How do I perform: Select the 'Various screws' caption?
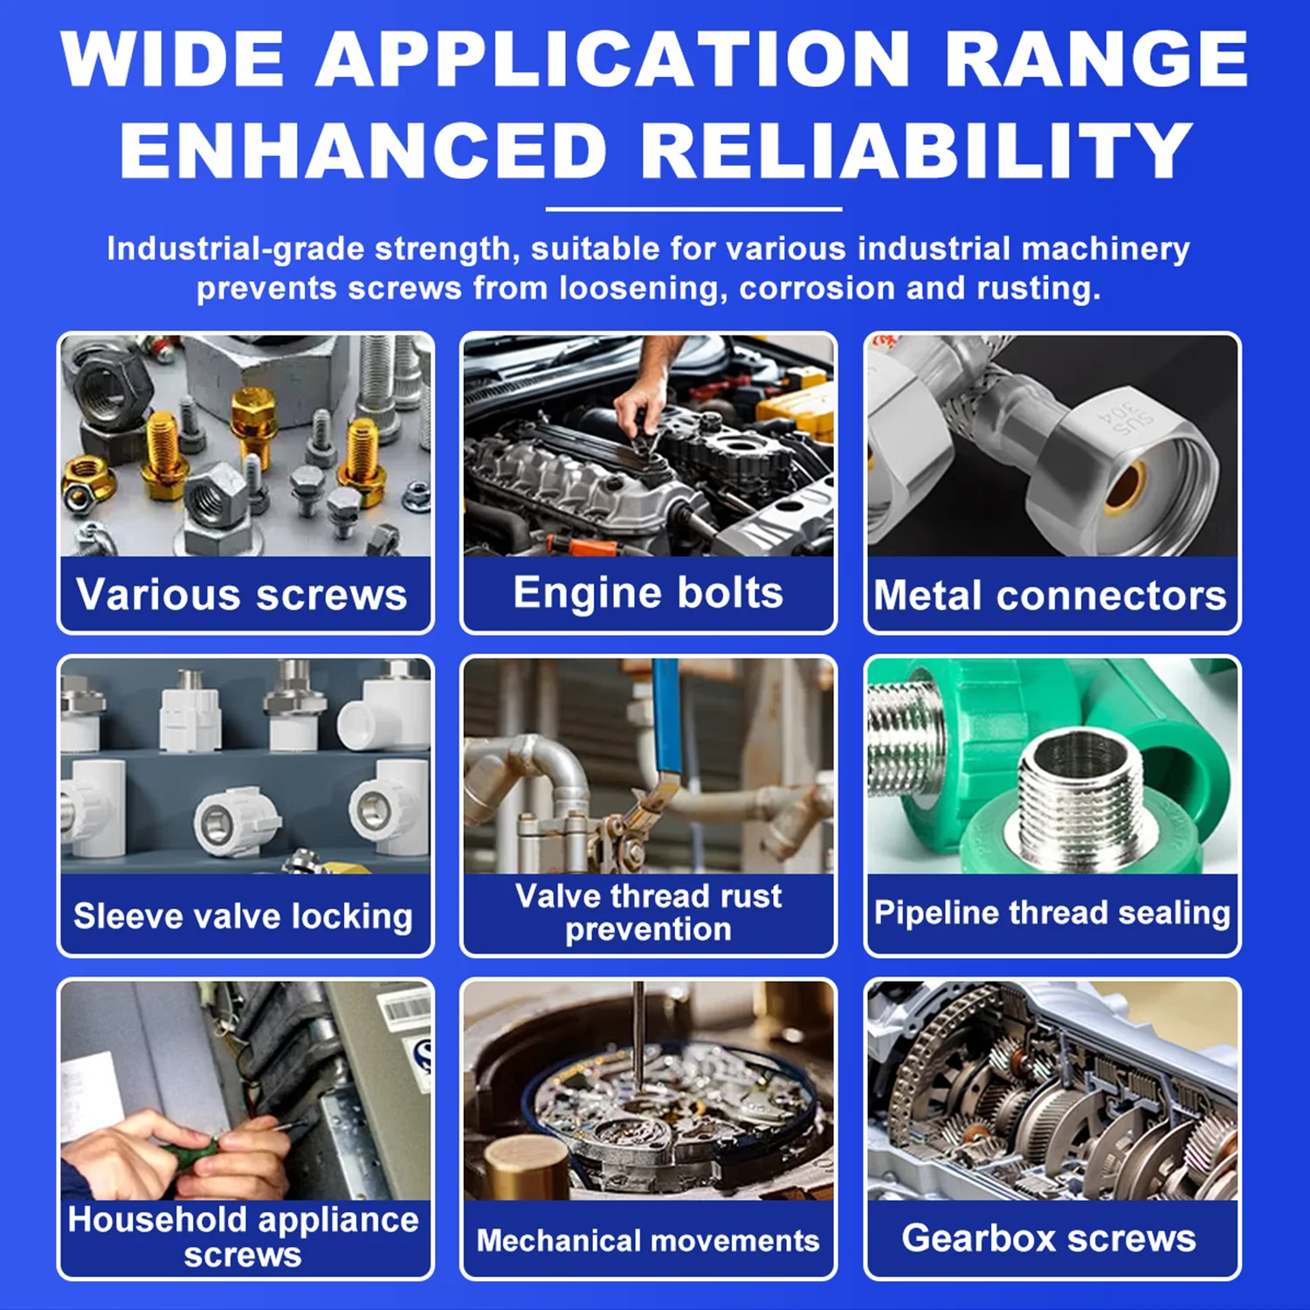242,595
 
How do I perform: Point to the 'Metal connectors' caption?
1051,596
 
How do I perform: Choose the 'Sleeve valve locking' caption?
244,916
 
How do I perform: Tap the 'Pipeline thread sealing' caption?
1052,913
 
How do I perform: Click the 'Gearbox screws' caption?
1049,1238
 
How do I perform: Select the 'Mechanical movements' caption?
648,1241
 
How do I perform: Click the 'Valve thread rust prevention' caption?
648,913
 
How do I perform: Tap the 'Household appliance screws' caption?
244,1237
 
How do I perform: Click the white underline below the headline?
693,210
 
